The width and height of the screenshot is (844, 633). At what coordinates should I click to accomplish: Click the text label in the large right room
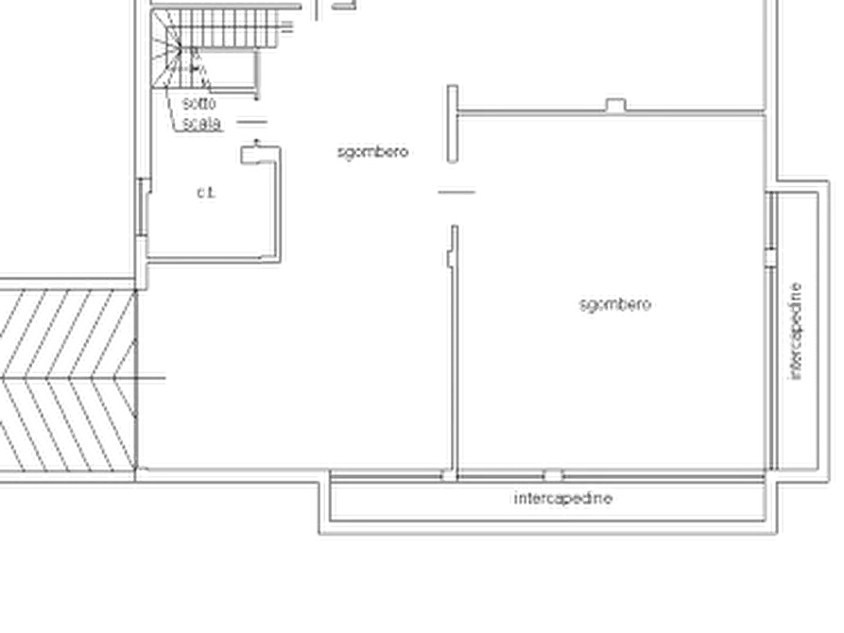point(614,305)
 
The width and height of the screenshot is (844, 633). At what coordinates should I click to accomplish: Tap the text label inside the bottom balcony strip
point(564,500)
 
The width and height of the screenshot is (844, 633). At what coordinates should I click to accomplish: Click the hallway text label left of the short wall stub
point(373,150)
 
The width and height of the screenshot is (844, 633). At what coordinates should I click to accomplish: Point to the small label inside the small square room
point(207,196)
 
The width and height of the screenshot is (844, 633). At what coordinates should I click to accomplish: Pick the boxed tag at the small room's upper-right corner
point(251,150)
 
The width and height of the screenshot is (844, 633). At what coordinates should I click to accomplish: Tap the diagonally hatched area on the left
point(66,378)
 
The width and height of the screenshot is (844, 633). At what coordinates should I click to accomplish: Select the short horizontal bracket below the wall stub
point(456,194)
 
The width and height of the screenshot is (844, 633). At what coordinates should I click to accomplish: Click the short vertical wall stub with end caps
point(454,125)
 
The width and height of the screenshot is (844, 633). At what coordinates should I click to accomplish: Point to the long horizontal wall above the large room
point(610,114)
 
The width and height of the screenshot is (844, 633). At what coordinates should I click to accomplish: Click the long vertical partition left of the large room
point(455,350)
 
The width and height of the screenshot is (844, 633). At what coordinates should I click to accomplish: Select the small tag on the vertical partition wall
point(443,262)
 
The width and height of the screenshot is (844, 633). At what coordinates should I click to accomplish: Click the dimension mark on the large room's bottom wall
point(552,468)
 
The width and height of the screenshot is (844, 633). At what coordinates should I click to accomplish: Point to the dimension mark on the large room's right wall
point(770,253)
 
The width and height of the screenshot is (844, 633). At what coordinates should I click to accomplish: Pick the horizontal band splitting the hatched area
point(66,377)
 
